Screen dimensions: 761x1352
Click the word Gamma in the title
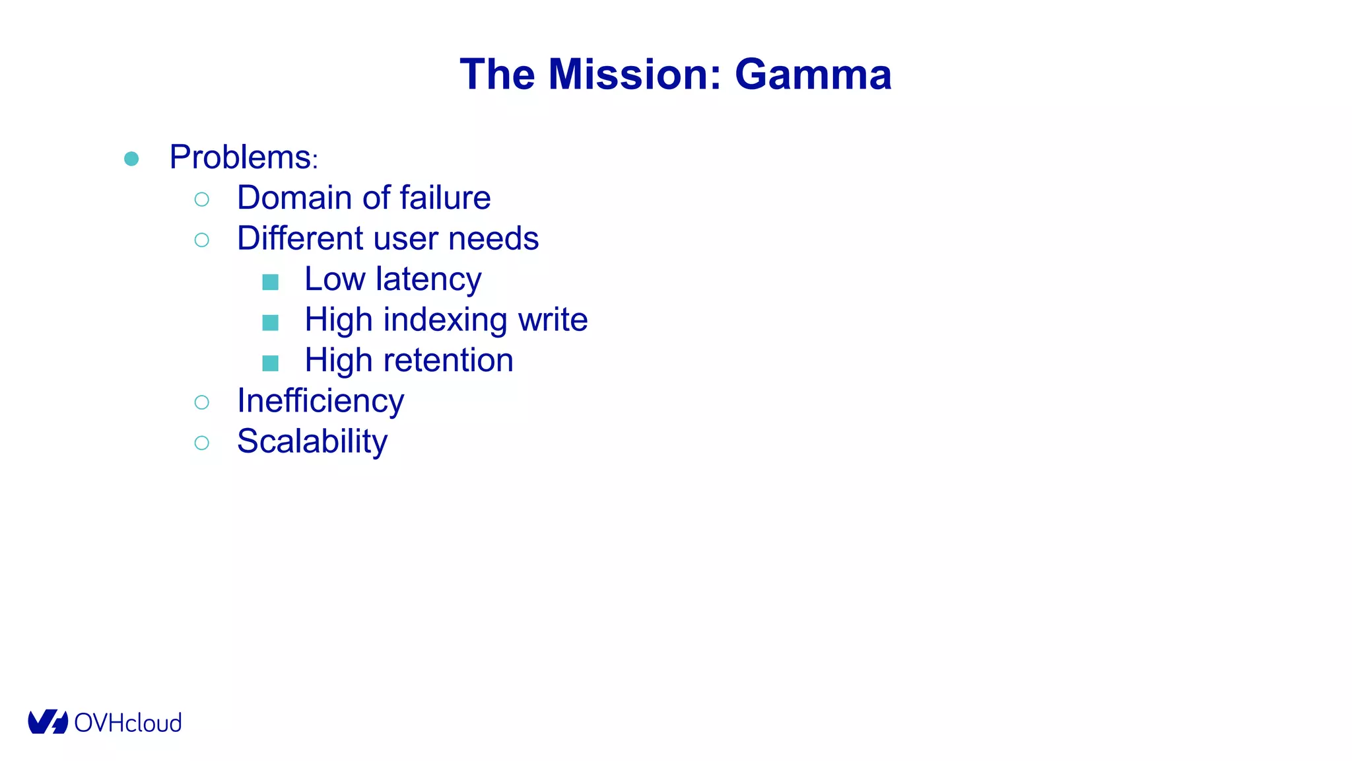click(813, 74)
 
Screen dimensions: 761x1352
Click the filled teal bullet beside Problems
click(131, 159)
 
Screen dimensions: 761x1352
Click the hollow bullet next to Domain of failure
click(202, 199)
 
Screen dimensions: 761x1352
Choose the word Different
click(300, 238)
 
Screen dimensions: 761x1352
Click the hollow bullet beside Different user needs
click(202, 240)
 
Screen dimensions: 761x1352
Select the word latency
click(428, 279)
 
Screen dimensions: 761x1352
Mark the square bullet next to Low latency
click(270, 282)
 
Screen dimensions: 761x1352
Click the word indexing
click(446, 320)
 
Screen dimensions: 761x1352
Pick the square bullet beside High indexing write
click(270, 322)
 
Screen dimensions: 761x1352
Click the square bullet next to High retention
click(270, 363)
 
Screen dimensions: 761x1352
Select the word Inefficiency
click(320, 401)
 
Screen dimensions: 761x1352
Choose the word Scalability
click(312, 441)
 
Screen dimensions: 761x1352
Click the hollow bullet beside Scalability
click(202, 443)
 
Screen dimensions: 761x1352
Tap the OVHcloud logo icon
click(48, 722)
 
